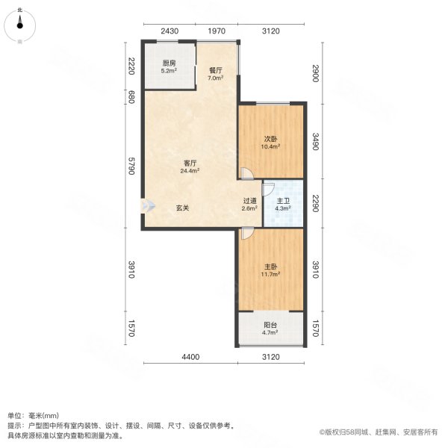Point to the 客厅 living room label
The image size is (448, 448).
190,164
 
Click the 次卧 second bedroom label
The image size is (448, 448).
270,138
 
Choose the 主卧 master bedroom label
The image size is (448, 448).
270,267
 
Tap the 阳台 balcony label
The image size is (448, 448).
270,326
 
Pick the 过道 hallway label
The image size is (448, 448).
249,200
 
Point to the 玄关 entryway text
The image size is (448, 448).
183,208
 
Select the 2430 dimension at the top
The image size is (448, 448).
170,31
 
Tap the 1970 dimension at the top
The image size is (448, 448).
217,31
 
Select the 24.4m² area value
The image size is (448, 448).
190,171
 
